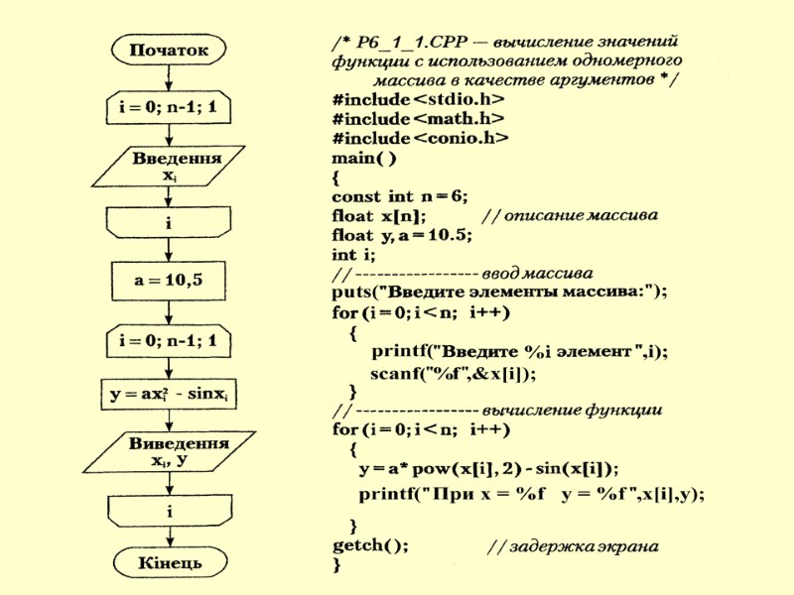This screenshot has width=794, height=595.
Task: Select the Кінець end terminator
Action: point(169,562)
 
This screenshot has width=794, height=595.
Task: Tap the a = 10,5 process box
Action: point(169,281)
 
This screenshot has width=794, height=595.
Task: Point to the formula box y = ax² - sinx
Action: point(170,395)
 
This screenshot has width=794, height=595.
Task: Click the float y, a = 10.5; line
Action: point(402,234)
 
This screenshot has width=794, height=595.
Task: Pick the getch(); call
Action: point(369,544)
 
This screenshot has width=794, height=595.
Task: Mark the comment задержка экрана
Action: point(577,546)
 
